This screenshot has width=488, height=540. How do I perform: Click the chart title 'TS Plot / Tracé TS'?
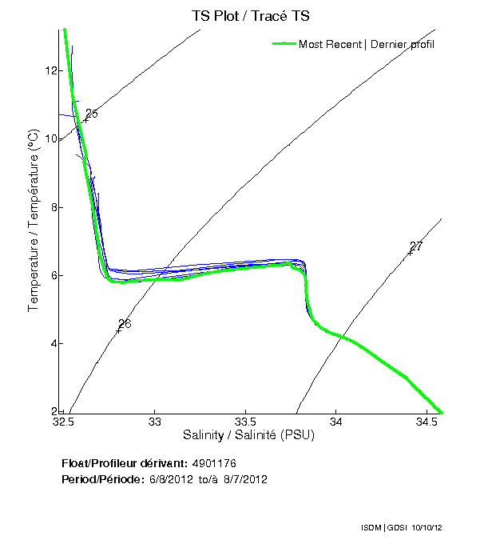pyautogui.click(x=250, y=15)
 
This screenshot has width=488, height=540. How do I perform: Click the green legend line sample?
pyautogui.click(x=284, y=44)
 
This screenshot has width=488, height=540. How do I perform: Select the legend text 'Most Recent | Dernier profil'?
pyautogui.click(x=367, y=44)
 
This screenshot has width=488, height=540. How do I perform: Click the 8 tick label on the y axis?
pyautogui.click(x=54, y=207)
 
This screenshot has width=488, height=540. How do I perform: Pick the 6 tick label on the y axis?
pyautogui.click(x=54, y=276)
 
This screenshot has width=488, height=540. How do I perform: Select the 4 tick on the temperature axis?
pyautogui.click(x=54, y=344)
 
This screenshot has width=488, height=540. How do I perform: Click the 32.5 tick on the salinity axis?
pyautogui.click(x=65, y=421)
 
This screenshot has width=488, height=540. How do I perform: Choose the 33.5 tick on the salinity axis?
pyautogui.click(x=246, y=421)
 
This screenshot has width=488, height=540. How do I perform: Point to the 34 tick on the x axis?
pyautogui.click(x=336, y=421)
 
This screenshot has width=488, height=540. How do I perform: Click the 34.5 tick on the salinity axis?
pyautogui.click(x=427, y=421)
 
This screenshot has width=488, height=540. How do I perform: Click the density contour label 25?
pyautogui.click(x=91, y=114)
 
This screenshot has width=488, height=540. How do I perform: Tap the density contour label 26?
pyautogui.click(x=125, y=324)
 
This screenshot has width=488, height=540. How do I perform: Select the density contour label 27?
pyautogui.click(x=416, y=246)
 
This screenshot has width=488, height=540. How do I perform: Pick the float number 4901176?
pyautogui.click(x=214, y=463)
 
